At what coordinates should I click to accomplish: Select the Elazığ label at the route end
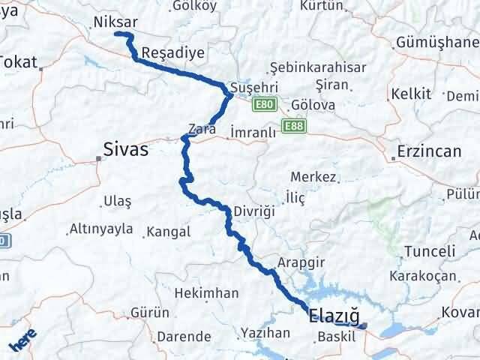(334, 318)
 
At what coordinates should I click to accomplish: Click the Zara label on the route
(202, 129)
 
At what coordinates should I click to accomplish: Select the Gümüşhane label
(437, 42)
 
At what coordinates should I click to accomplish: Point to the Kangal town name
(169, 232)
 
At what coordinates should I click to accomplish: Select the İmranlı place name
(253, 130)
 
